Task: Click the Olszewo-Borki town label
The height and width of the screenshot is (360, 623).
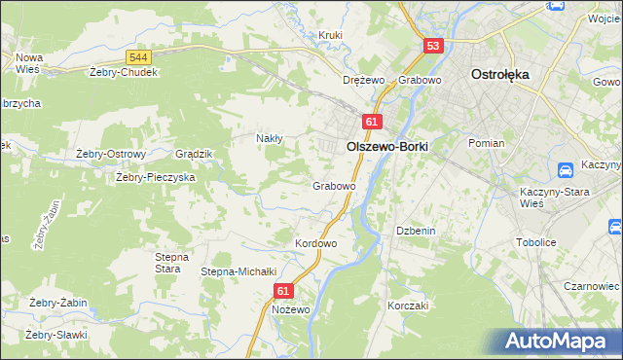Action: [387, 145]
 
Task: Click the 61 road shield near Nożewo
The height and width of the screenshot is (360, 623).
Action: [283, 290]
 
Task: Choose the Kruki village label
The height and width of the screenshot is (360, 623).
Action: [331, 36]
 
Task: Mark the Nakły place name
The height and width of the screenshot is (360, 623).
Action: [269, 138]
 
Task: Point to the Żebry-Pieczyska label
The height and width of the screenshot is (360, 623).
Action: [156, 177]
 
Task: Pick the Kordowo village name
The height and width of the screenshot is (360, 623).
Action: [315, 243]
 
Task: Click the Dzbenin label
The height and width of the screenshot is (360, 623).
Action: [414, 231]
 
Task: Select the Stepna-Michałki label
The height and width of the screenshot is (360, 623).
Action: [239, 271]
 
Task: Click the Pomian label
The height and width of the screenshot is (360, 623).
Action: [486, 143]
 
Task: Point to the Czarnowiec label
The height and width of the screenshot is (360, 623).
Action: [592, 287]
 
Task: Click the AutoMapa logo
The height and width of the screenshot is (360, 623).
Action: [558, 342]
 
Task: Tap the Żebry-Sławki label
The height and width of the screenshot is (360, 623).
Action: [56, 335]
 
